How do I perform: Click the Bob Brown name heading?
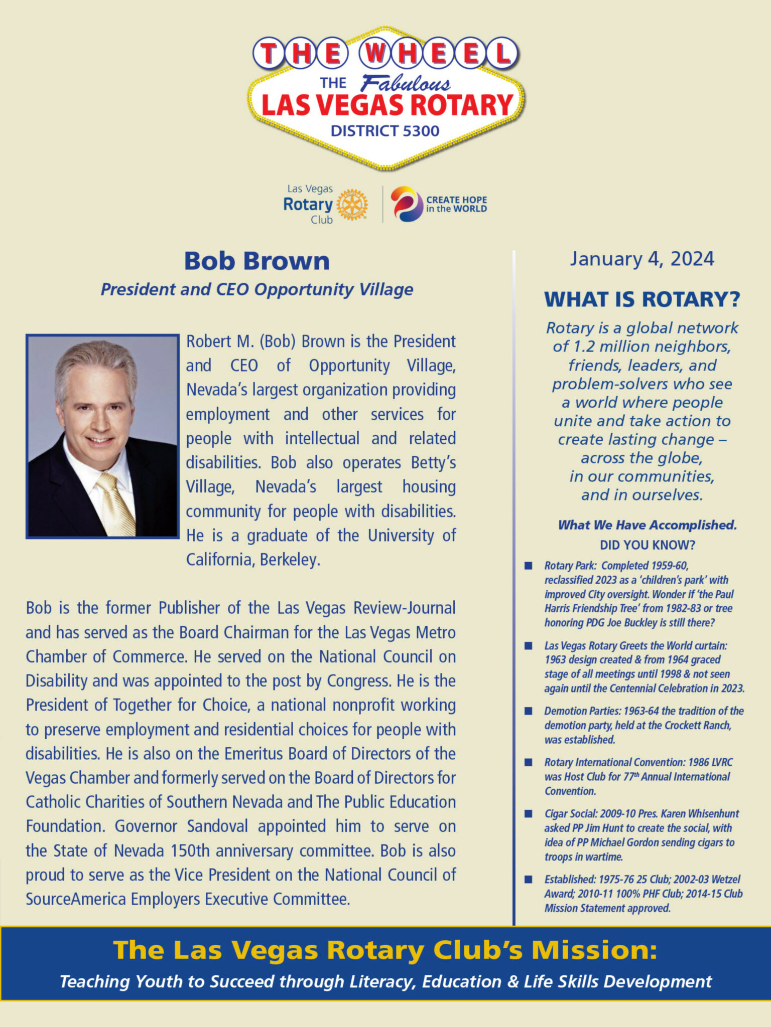pos(256,261)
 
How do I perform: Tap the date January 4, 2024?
pos(641,259)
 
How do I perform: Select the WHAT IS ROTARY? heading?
pos(642,299)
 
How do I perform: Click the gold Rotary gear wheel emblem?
pos(352,205)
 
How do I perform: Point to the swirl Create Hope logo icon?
pos(407,204)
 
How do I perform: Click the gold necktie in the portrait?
pos(116,504)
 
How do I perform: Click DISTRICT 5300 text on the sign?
pos(385,131)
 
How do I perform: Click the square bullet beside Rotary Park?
pos(528,566)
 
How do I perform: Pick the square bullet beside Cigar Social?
pos(528,814)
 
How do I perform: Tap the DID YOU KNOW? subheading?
pos(647,545)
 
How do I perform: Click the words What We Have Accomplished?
pos(647,525)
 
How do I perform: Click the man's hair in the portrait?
pos(95,359)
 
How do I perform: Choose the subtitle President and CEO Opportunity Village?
pos(256,289)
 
